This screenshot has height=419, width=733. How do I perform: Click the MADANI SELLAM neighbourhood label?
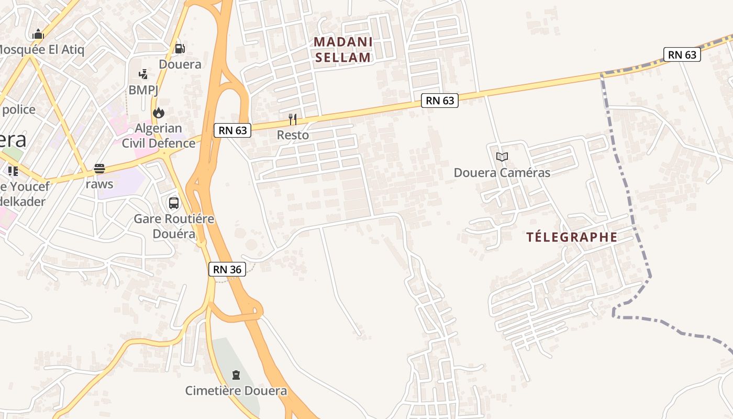point(343,50)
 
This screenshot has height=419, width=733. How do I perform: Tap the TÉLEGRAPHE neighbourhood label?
point(572,237)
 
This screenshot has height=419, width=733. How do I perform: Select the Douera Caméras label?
point(502,172)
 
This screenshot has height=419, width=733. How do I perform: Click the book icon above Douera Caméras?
point(502,157)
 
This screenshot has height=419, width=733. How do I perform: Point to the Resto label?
point(293,135)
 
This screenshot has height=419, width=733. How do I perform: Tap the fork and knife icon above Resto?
point(293,119)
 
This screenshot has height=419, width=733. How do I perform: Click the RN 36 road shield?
point(227,269)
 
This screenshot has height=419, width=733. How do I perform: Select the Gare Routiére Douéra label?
point(174,226)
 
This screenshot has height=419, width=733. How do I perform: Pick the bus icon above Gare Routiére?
point(174,203)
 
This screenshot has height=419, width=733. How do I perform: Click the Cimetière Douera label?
point(236,391)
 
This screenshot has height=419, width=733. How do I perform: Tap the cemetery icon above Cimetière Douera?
point(236,375)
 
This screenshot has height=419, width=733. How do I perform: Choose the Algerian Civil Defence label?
point(158,136)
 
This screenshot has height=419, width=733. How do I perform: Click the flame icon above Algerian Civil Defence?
point(158,113)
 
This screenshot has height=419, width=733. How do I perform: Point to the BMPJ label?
point(143,90)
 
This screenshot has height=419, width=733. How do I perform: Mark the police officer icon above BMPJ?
point(143,74)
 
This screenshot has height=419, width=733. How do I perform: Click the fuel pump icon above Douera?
point(180,49)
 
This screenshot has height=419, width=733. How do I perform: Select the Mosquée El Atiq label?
point(41,50)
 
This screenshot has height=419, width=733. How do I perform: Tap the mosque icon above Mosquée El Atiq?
point(38,35)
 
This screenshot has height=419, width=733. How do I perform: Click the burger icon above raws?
point(99,169)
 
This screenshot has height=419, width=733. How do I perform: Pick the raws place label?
point(99,184)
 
